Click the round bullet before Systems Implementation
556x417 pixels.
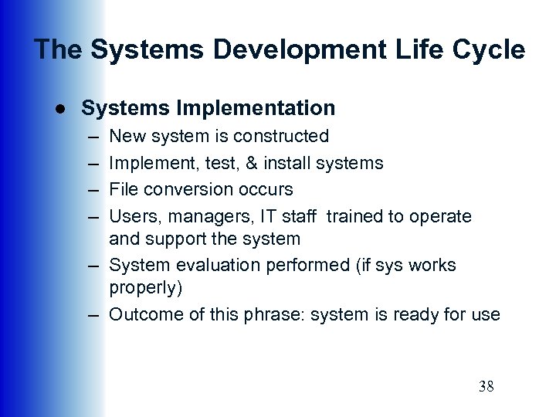pos(59,109)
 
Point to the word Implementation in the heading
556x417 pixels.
pos(256,108)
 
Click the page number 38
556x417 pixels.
pos(486,386)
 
